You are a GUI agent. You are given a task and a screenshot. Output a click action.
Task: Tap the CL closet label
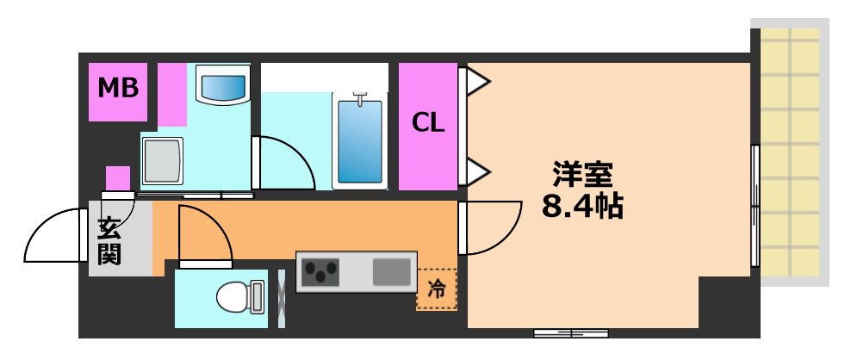(427, 123)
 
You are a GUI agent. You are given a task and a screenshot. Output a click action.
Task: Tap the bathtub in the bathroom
(359, 142)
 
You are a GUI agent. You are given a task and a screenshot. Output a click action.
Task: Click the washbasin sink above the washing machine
(222, 87)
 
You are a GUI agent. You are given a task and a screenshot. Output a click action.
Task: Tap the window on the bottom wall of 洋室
(570, 332)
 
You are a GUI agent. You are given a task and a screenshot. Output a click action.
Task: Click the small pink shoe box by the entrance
(118, 178)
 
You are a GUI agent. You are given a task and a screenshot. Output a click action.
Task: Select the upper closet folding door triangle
(476, 83)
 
